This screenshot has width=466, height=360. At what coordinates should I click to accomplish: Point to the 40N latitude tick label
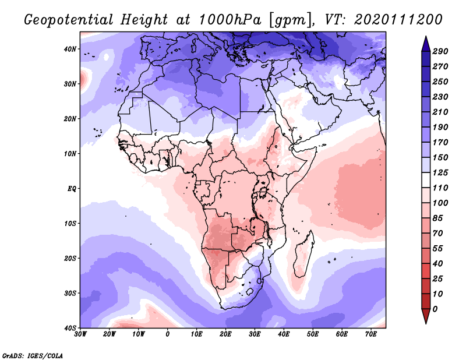[70, 49]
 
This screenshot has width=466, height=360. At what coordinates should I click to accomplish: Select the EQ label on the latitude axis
[72, 189]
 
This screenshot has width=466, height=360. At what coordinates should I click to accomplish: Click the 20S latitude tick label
[70, 259]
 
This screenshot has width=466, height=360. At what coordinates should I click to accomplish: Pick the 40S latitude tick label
[70, 328]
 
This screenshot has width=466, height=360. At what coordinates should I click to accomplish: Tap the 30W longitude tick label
[80, 334]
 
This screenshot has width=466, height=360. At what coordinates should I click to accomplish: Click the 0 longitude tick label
[168, 334]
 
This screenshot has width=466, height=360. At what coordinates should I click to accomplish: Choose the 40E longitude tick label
[284, 334]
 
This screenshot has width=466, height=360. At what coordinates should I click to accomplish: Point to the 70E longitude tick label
[371, 334]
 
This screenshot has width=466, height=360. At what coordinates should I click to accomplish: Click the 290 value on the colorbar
[440, 52]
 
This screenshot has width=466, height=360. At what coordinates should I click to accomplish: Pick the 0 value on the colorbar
[435, 308]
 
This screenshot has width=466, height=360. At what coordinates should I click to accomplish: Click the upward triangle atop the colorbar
[425, 43]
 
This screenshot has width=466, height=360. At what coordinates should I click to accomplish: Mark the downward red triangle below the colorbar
[425, 316]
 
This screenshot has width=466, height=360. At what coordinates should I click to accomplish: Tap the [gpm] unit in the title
[284, 20]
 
